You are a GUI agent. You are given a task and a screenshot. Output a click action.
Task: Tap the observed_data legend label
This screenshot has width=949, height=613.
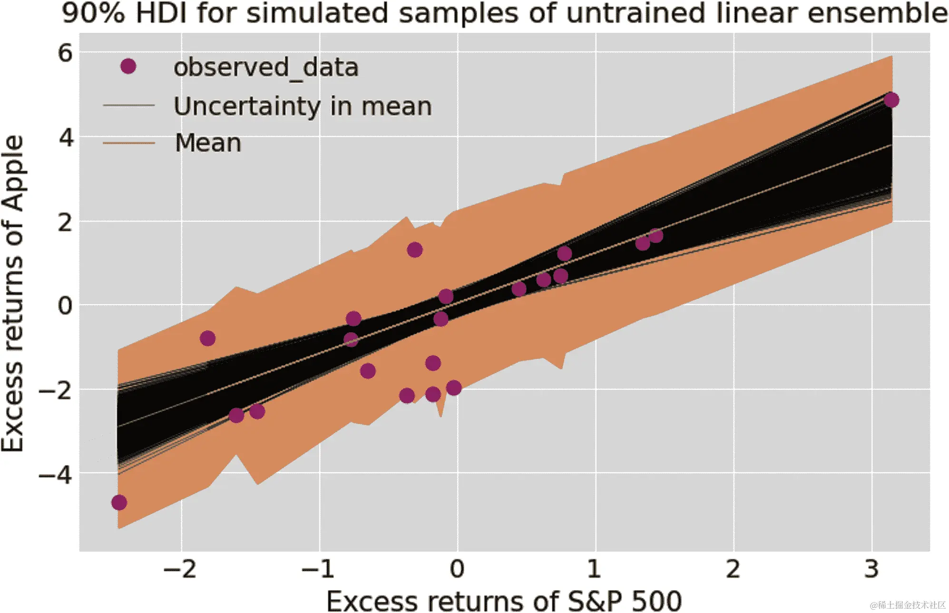265,68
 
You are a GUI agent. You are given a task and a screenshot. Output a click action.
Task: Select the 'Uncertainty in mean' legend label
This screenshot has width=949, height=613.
303,106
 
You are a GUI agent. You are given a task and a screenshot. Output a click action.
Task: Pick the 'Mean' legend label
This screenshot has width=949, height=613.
208,143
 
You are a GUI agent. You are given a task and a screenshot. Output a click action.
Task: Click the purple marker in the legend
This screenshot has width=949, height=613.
128,66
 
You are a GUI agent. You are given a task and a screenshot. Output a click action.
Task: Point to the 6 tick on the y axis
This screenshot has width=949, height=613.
66,52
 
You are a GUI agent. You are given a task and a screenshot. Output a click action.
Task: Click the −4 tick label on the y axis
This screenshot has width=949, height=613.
56,474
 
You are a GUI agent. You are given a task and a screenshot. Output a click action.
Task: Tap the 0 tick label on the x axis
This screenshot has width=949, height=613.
457,569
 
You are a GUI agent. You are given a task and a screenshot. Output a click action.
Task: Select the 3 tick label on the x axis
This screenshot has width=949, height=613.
871,569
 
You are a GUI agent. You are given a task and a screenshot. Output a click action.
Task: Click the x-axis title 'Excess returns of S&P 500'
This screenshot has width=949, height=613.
504,601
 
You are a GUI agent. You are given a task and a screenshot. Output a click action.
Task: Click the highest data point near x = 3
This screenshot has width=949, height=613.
891,100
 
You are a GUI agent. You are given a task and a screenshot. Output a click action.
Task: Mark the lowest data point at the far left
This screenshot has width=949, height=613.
119,503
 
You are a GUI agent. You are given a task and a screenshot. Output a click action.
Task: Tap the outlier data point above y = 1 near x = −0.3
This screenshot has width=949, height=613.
415,249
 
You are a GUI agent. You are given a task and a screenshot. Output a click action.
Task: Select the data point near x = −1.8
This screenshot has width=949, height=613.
207,338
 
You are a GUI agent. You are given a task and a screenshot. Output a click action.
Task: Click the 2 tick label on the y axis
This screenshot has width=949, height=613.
66,222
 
